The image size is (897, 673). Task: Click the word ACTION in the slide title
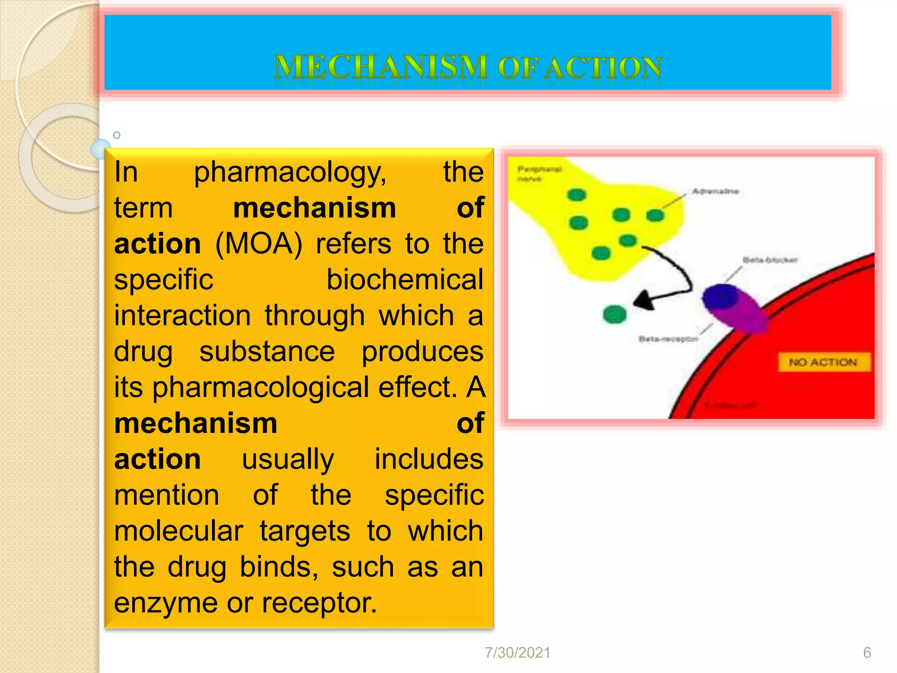tap(604, 68)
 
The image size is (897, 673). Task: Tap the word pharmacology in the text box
tap(290, 173)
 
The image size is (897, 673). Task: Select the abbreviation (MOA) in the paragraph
tap(259, 244)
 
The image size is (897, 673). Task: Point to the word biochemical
tap(405, 280)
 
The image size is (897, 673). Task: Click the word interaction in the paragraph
tap(183, 315)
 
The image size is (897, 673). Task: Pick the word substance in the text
tap(267, 351)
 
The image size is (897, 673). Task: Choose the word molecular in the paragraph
tap(179, 531)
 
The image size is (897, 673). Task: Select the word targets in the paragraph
tap(305, 531)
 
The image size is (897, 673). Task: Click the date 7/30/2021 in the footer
tap(518, 653)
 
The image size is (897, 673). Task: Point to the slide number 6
tap(867, 653)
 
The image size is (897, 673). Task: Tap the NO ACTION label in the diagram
tap(823, 362)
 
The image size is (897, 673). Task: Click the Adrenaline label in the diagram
tap(715, 191)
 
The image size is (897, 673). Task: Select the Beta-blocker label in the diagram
tap(770, 260)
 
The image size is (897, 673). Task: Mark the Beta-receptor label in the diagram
tap(668, 339)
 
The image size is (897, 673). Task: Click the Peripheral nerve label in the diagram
tap(539, 174)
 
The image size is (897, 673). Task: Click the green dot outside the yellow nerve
tap(615, 314)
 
